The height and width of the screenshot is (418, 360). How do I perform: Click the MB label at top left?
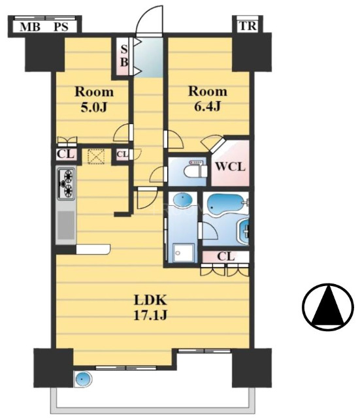30,27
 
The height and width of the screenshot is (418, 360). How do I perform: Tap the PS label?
61,27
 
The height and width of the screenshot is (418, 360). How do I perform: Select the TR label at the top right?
248,26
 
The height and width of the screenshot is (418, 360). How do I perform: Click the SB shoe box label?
124,56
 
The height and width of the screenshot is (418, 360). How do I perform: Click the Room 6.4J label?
208,99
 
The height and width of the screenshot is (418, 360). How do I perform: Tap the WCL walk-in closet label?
230,167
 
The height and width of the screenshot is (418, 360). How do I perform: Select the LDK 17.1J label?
150,308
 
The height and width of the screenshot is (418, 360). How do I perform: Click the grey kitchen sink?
65,225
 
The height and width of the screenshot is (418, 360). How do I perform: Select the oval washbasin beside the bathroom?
182,200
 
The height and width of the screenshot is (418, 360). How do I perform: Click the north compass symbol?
328,306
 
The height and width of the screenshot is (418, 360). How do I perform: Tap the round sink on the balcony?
83,379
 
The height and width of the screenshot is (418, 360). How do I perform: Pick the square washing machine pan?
183,252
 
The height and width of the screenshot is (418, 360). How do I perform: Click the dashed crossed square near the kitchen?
96,156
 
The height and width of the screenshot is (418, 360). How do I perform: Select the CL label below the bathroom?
225,257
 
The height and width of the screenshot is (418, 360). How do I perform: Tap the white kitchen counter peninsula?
93,249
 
